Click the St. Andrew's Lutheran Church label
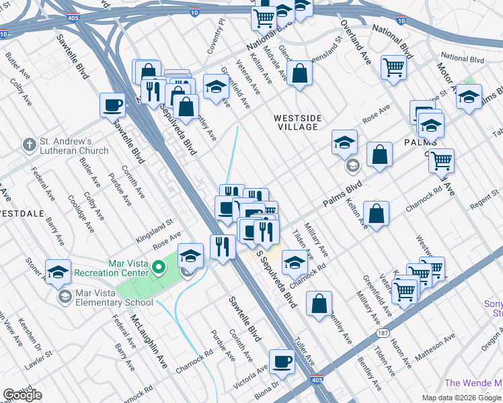[74, 146]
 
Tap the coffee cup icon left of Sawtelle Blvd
[112, 105]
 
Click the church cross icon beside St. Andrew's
[29, 144]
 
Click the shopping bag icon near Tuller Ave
[319, 304]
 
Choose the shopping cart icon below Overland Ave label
[393, 67]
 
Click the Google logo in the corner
[22, 395]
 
